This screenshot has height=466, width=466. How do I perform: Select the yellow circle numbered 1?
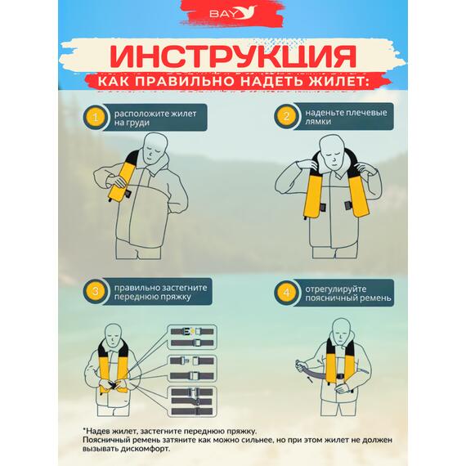96,118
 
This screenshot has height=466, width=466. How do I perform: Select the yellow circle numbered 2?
285,117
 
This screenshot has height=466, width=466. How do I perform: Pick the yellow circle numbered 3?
96,291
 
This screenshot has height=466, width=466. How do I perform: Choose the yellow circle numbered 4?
285,292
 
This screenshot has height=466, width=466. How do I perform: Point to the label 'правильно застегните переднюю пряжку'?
160,292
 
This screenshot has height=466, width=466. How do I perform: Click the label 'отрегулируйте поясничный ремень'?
347,292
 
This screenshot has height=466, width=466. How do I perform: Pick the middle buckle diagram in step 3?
192,364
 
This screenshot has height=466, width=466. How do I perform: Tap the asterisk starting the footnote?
84,429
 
